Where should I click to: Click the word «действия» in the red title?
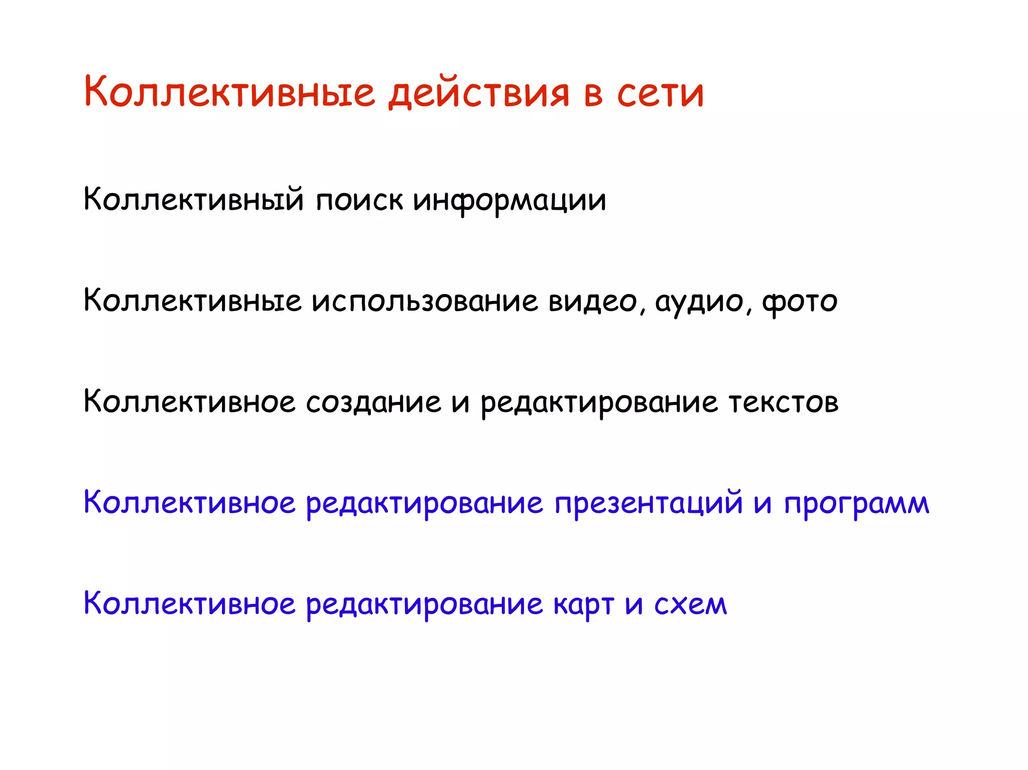[479, 93]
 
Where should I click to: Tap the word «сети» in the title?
[660, 93]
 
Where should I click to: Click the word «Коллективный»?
[194, 200]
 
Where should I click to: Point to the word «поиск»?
[359, 200]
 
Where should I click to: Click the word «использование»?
[425, 301]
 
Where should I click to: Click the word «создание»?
[373, 402]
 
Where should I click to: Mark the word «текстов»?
[784, 402]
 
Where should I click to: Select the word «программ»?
[856, 504]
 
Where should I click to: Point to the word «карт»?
[584, 605]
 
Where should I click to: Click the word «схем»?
[690, 604]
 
